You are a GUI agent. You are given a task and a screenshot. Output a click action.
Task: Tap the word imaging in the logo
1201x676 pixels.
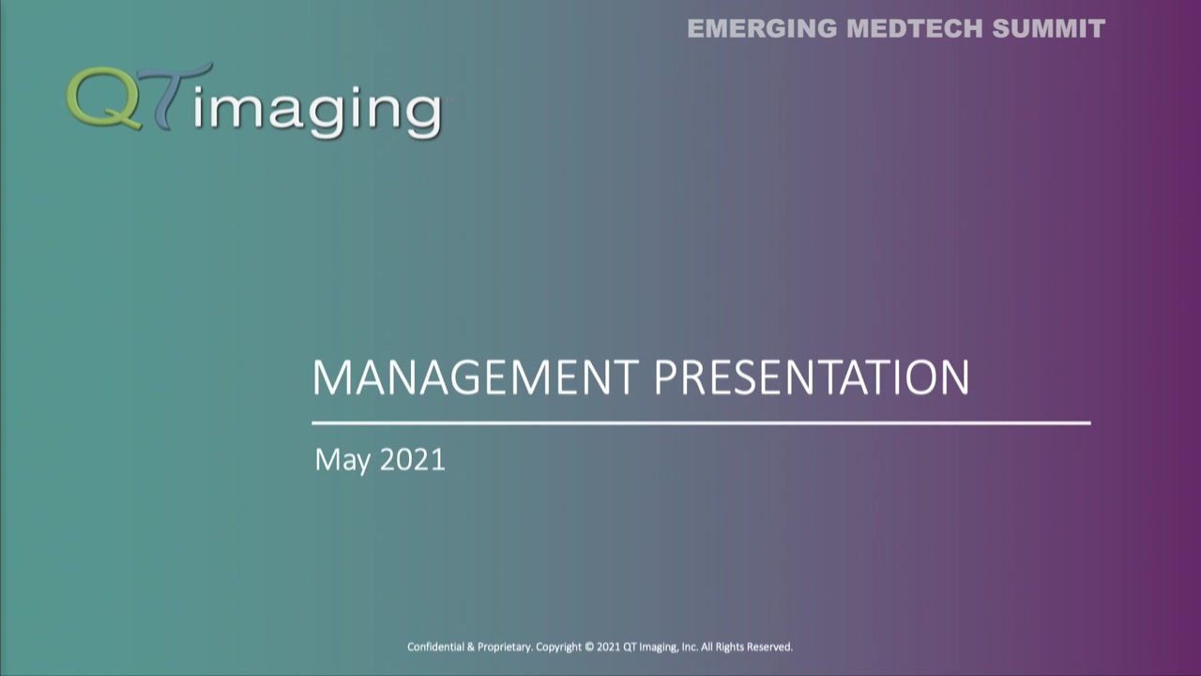[319, 110]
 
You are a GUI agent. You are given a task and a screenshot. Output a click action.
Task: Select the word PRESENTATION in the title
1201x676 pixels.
[811, 377]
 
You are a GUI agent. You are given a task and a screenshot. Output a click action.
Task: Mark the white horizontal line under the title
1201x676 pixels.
[701, 423]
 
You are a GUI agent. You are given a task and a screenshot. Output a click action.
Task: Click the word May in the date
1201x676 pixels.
[342, 460]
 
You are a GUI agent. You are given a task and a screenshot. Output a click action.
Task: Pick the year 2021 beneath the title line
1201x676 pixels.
[413, 459]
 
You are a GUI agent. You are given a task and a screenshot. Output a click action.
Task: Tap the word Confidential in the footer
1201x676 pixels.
[435, 647]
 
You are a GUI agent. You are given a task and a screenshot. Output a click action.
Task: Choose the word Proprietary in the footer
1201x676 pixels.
[504, 647]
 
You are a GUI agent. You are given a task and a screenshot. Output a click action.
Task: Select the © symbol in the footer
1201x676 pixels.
[589, 647]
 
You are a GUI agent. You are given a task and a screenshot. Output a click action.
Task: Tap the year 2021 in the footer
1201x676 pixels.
[608, 647]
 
